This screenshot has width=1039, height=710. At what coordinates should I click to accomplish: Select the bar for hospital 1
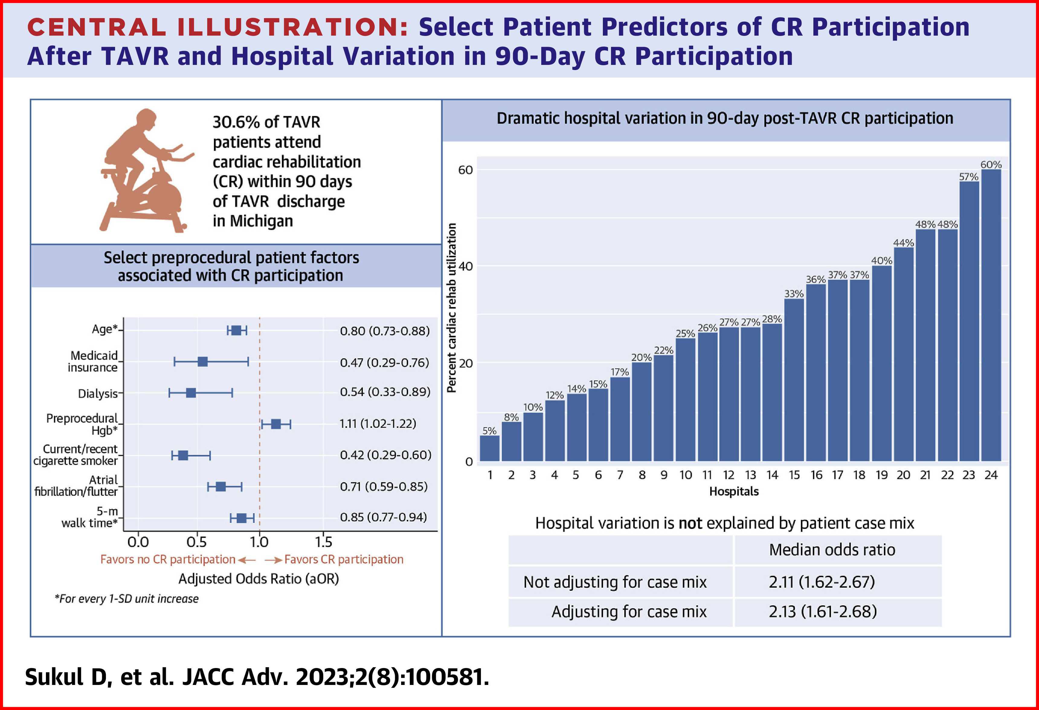490,448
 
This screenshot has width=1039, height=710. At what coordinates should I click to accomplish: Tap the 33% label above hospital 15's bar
794,293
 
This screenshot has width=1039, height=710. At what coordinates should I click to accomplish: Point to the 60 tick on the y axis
465,170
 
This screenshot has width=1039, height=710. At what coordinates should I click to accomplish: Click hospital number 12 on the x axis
729,475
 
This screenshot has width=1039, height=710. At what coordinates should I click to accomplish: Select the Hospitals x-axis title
734,491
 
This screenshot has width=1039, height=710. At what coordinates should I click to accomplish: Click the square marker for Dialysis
191,393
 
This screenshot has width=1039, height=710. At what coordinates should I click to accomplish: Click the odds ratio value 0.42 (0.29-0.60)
385,455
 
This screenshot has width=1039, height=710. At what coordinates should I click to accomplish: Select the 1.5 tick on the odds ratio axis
323,542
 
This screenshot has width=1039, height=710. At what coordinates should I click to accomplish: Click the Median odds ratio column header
832,550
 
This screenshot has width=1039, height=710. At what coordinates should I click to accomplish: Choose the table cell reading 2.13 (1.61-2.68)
823,611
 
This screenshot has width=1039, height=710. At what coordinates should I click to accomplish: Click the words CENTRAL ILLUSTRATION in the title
218,27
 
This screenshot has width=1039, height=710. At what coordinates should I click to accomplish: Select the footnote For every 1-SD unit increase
127,599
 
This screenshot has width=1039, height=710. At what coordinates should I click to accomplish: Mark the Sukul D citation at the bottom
257,677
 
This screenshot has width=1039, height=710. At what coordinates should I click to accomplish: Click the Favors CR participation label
343,559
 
